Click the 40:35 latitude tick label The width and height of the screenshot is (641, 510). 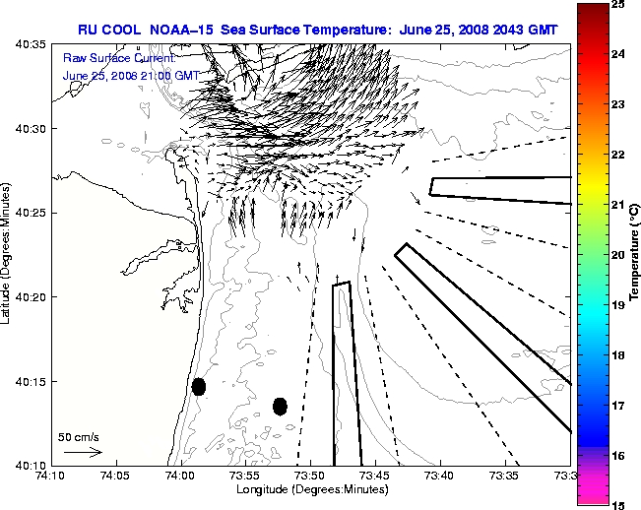pyautogui.click(x=29, y=45)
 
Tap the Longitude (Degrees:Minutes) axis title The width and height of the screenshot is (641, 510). pyautogui.click(x=310, y=489)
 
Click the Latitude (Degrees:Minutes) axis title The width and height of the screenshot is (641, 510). pyautogui.click(x=8, y=254)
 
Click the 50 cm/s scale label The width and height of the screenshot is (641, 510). pyautogui.click(x=79, y=436)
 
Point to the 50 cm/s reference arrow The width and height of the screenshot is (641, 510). pyautogui.click(x=83, y=453)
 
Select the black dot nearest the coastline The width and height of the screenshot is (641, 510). pyautogui.click(x=199, y=386)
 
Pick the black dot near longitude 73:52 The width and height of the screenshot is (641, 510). pyautogui.click(x=280, y=406)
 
